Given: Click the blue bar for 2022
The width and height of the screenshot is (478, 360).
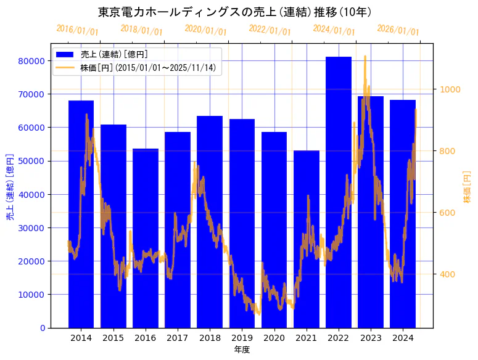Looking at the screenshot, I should tap(339, 191).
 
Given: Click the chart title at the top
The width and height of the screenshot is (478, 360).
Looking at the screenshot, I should tap(234, 12).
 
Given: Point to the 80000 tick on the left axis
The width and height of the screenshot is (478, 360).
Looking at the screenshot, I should tap(31, 61).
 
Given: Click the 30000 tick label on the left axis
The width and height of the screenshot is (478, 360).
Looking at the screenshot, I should tap(31, 227).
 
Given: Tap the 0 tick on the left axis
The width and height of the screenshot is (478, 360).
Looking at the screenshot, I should tap(42, 327).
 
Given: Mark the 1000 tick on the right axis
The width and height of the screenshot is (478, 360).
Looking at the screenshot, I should tap(450, 89).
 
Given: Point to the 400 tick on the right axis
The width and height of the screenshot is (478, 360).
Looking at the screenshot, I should tap(447, 274).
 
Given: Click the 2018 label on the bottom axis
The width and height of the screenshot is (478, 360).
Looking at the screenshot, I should tap(210, 338).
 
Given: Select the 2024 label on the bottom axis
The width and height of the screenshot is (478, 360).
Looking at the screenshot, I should tap(403, 338).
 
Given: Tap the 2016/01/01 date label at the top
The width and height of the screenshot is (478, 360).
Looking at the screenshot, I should tap(77, 30).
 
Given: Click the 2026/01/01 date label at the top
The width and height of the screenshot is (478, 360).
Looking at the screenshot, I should tap(398, 30).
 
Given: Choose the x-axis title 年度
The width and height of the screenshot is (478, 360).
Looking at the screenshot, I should tap(242, 350).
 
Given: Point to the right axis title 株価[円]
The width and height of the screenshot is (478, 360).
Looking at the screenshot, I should tap(467, 188).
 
